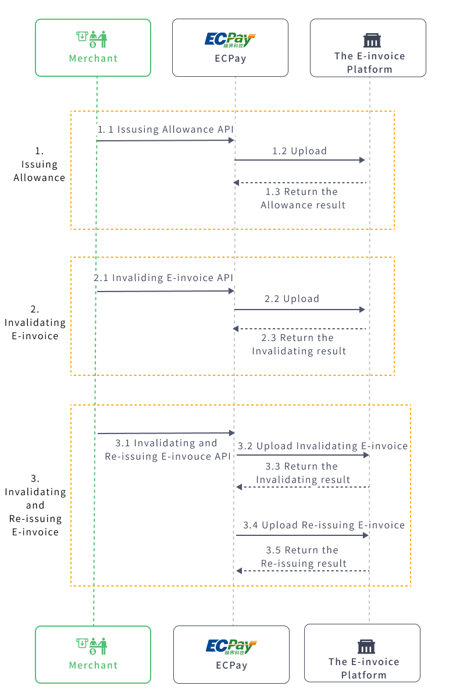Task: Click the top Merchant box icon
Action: coord(92,39)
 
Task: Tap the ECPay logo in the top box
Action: coord(230,40)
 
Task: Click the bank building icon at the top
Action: coord(369,40)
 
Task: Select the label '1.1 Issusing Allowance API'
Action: coord(166,129)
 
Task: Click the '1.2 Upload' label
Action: coord(299,151)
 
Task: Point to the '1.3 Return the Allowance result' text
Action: coord(302,198)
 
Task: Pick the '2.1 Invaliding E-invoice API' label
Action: coord(163,278)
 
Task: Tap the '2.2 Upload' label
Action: coord(292,299)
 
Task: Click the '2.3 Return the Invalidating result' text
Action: coord(299,344)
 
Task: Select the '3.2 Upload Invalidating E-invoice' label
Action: coord(323,446)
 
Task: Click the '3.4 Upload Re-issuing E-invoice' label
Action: coord(324,525)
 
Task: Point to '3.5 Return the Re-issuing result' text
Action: coord(303,557)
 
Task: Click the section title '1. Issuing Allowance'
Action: coord(40,165)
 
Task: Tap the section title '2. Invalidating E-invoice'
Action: coord(35,322)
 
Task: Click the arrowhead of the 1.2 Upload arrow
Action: coord(362,160)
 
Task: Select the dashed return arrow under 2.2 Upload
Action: coord(300,329)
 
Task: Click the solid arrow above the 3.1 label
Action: coord(166,433)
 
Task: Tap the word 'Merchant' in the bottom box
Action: coord(93,665)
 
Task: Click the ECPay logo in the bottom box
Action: coord(231,646)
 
